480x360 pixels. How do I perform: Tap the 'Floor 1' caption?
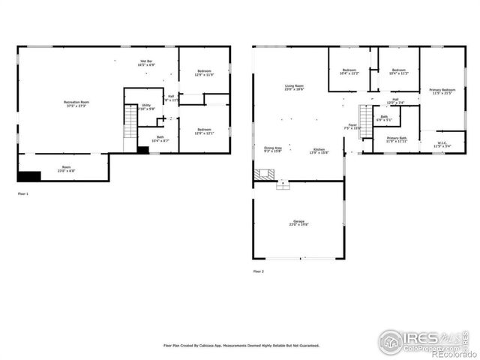pyautogui.click(x=22, y=193)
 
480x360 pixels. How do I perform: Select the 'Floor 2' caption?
pyautogui.click(x=259, y=271)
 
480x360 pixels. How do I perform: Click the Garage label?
pyautogui.click(x=298, y=223)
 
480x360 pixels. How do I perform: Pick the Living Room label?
pyautogui.click(x=293, y=88)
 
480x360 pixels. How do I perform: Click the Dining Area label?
pyautogui.click(x=272, y=150)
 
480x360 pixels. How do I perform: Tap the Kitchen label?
pyautogui.click(x=319, y=150)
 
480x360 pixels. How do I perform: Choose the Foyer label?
pyautogui.click(x=352, y=127)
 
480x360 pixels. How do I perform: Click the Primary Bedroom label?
pyautogui.click(x=441, y=92)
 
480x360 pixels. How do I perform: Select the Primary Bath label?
pyautogui.click(x=397, y=139)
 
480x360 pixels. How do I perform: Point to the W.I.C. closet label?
pyautogui.click(x=442, y=145)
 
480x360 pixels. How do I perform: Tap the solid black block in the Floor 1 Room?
pyautogui.click(x=28, y=176)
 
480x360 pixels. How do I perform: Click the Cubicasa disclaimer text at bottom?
pyautogui.click(x=241, y=346)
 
